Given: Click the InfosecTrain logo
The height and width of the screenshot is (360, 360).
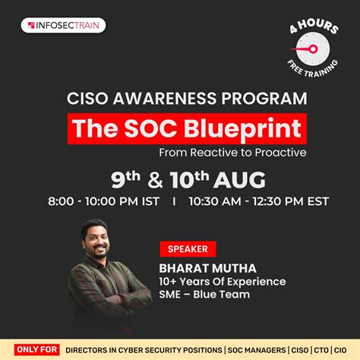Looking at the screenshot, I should coord(63,25).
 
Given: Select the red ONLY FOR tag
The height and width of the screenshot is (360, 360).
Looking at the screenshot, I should coord(36,350).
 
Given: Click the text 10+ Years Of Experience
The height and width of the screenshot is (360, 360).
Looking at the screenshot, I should coord(222,282).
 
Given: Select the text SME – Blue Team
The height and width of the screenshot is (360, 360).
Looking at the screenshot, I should coord(204,295).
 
